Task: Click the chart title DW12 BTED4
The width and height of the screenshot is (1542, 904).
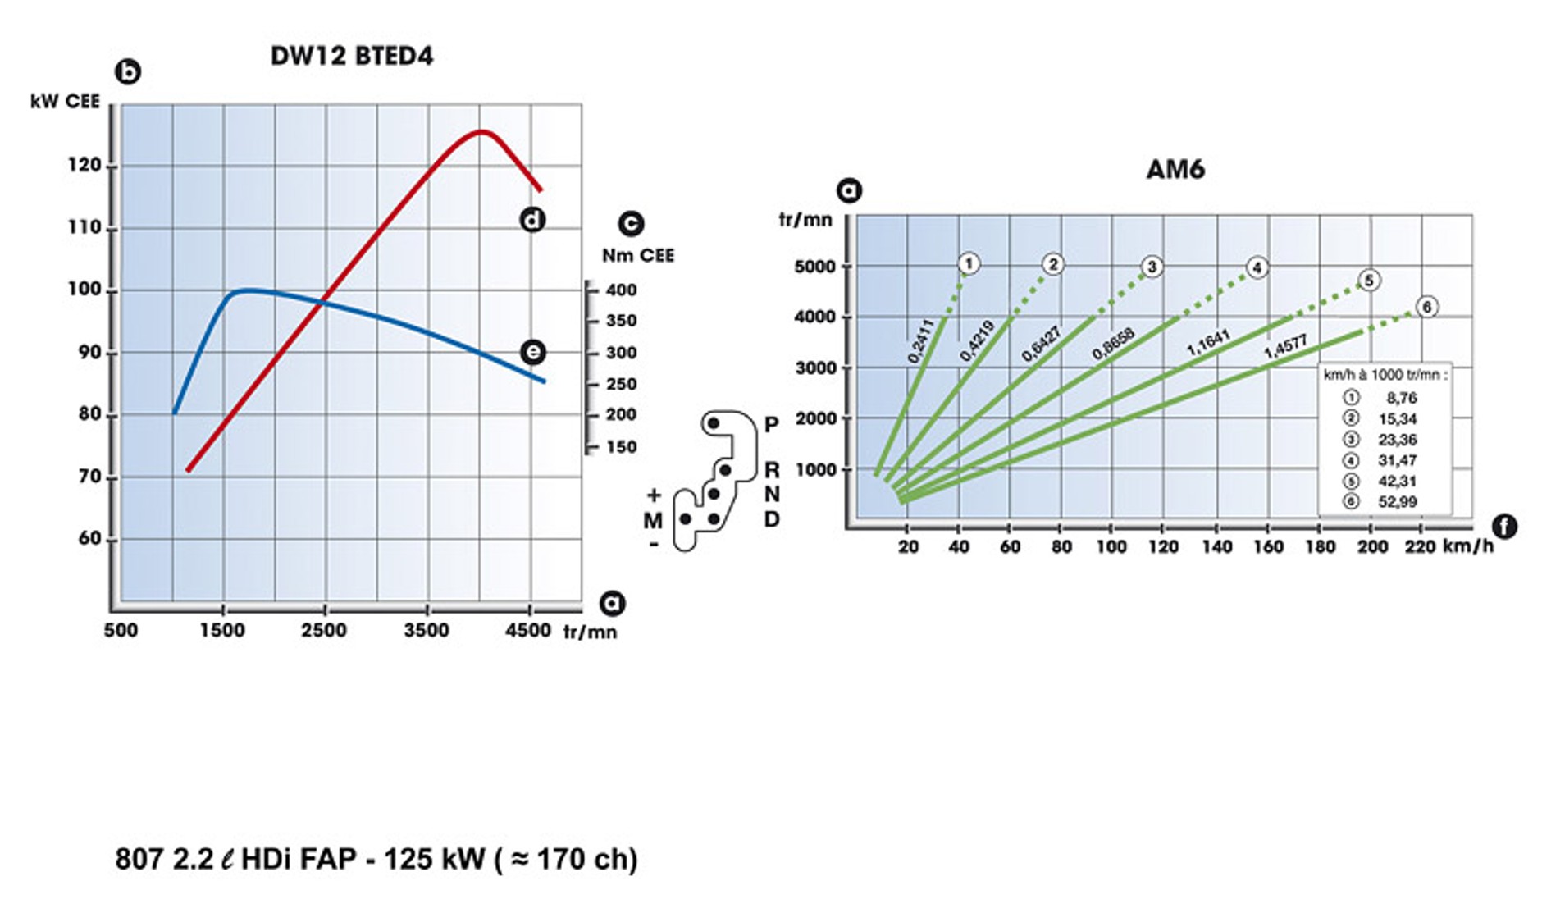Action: click(x=351, y=56)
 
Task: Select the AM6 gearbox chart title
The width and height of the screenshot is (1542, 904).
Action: click(x=1175, y=170)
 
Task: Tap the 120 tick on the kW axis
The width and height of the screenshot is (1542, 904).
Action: click(x=84, y=166)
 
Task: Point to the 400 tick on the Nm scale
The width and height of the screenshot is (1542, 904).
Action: click(x=621, y=290)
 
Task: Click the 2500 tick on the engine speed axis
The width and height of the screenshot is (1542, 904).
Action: click(x=324, y=630)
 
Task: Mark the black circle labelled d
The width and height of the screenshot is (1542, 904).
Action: click(x=532, y=220)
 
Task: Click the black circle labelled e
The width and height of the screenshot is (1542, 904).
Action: click(x=532, y=352)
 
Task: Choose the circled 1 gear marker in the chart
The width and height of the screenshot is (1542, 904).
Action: click(x=969, y=263)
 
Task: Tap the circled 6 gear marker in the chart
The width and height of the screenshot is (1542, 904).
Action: click(x=1427, y=307)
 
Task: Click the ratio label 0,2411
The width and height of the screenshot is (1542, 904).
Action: click(x=921, y=341)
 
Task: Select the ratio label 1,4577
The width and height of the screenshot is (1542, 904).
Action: click(x=1285, y=347)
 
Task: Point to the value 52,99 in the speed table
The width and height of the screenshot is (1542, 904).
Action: click(x=1397, y=502)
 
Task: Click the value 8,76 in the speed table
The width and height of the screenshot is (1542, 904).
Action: click(x=1401, y=398)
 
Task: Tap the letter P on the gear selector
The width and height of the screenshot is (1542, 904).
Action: click(x=771, y=424)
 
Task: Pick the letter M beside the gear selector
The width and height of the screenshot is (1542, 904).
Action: click(x=653, y=521)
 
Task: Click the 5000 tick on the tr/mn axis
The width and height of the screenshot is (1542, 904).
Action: click(x=814, y=267)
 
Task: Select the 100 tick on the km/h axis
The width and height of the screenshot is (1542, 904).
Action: click(x=1111, y=547)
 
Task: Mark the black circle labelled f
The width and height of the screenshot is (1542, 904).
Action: click(x=1503, y=527)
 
